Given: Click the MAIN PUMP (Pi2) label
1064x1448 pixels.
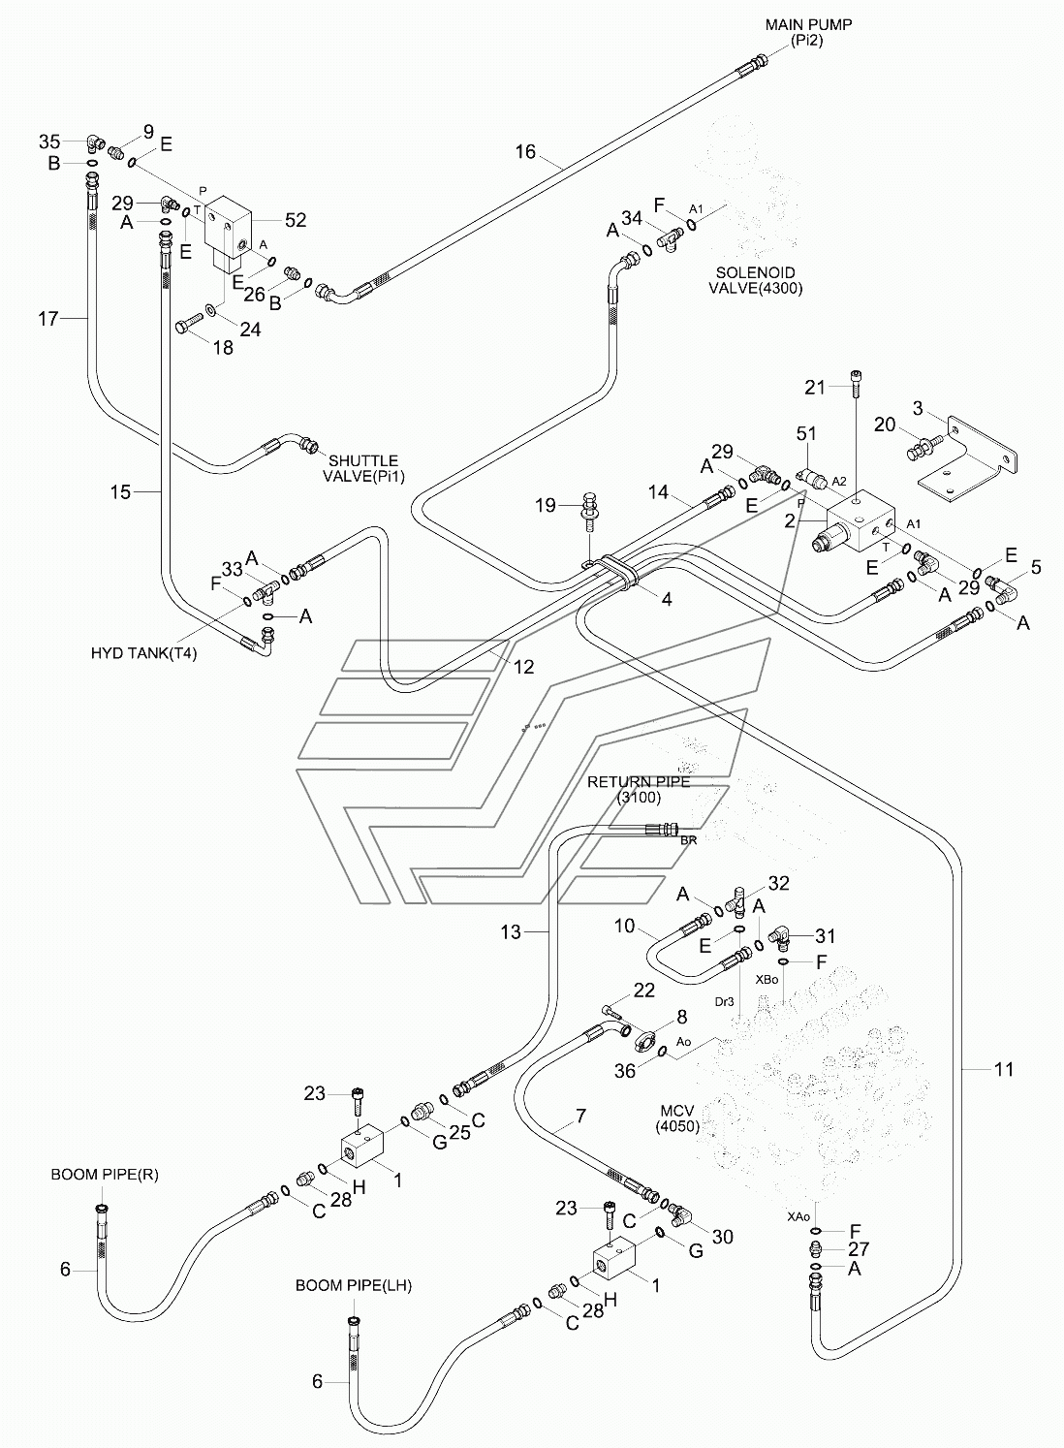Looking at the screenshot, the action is point(808,33).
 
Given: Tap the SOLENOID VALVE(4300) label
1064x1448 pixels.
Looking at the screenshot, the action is point(756,280).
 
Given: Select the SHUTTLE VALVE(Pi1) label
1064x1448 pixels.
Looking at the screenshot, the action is point(363,469).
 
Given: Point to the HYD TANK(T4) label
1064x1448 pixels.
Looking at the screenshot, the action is point(143,653).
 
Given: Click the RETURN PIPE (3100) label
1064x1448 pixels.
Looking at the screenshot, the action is point(639,789).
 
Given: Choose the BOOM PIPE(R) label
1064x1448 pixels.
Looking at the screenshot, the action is point(105,1175).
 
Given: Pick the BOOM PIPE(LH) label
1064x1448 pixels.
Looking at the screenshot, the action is point(354,1286).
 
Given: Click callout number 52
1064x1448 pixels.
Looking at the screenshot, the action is point(296,220).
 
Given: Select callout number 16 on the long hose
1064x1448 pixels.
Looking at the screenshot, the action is point(525,151).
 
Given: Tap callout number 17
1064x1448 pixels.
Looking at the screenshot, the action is point(48,318).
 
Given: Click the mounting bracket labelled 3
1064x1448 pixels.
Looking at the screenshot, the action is point(968,459).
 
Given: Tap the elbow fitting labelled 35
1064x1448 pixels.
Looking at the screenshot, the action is point(93,142).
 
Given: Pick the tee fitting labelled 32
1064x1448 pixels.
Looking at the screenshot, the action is point(738,900).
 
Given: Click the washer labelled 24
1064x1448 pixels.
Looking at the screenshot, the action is point(211,310).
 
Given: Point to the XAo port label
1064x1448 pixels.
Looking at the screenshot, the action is point(798,1216).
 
